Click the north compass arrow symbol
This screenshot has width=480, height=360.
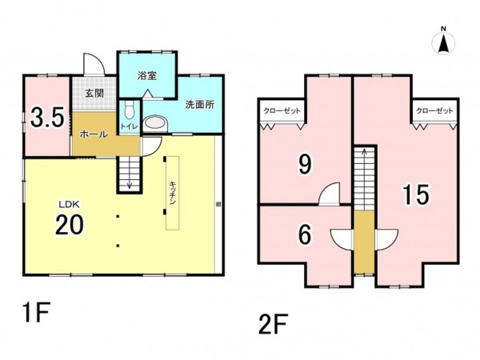click(x=443, y=43)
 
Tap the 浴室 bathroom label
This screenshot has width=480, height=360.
click(x=147, y=76)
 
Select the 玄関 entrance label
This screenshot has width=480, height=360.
click(x=94, y=93)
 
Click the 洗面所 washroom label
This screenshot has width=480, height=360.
click(x=199, y=105)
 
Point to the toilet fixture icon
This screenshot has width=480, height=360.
click(x=130, y=110)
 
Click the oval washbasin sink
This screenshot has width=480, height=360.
click(x=156, y=124)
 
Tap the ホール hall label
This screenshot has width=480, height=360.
click(x=94, y=134)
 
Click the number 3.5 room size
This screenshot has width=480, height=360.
click(x=47, y=117)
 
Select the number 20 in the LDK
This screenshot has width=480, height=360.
click(x=69, y=224)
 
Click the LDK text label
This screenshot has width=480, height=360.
click(x=69, y=204)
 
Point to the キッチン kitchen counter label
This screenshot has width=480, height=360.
click(x=172, y=194)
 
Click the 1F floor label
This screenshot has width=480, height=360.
click(x=36, y=312)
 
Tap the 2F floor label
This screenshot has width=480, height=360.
click(x=273, y=324)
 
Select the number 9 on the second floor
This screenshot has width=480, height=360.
click(x=305, y=163)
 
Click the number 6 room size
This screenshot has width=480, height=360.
click(x=305, y=234)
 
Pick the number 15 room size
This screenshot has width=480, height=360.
click(x=416, y=194)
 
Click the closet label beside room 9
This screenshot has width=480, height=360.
click(x=282, y=110)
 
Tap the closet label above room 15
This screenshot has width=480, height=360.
click(x=434, y=110)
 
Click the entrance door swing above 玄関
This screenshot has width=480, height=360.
click(x=94, y=64)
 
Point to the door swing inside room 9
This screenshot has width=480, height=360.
click(x=330, y=193)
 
